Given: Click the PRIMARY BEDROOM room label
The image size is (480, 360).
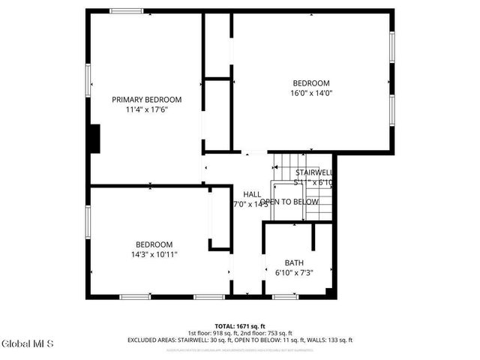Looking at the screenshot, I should coord(147,100).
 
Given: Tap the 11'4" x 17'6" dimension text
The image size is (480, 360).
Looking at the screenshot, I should coord(147,109).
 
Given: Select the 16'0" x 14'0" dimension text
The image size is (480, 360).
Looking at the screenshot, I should coord(311,93).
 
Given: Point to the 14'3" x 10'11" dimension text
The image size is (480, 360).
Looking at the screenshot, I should coord(154,254).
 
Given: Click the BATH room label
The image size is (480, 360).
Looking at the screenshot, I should coord(293,262).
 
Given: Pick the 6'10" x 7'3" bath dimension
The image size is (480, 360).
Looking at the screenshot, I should coord(293,272).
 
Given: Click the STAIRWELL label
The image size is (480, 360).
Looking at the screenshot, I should coord(314,172).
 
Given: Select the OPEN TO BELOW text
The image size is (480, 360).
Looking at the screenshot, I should coord(289,202).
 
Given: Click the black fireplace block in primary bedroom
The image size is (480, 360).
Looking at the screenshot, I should coord(94,139).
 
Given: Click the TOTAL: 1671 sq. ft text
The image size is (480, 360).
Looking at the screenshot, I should coord(240,325).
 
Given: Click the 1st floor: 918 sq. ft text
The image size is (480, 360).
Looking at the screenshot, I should coord(213,333).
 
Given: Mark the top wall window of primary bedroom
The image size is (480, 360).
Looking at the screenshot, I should coord(125,10).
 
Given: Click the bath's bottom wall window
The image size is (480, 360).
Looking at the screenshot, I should coord(285,297).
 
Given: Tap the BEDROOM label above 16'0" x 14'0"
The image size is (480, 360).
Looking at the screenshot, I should coord(311,83).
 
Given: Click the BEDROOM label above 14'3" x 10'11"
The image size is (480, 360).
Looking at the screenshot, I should coord(154,244).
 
